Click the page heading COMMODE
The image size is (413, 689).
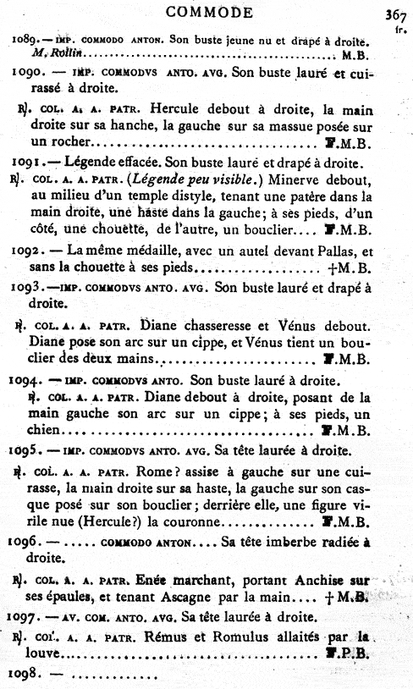pos(209,12)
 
